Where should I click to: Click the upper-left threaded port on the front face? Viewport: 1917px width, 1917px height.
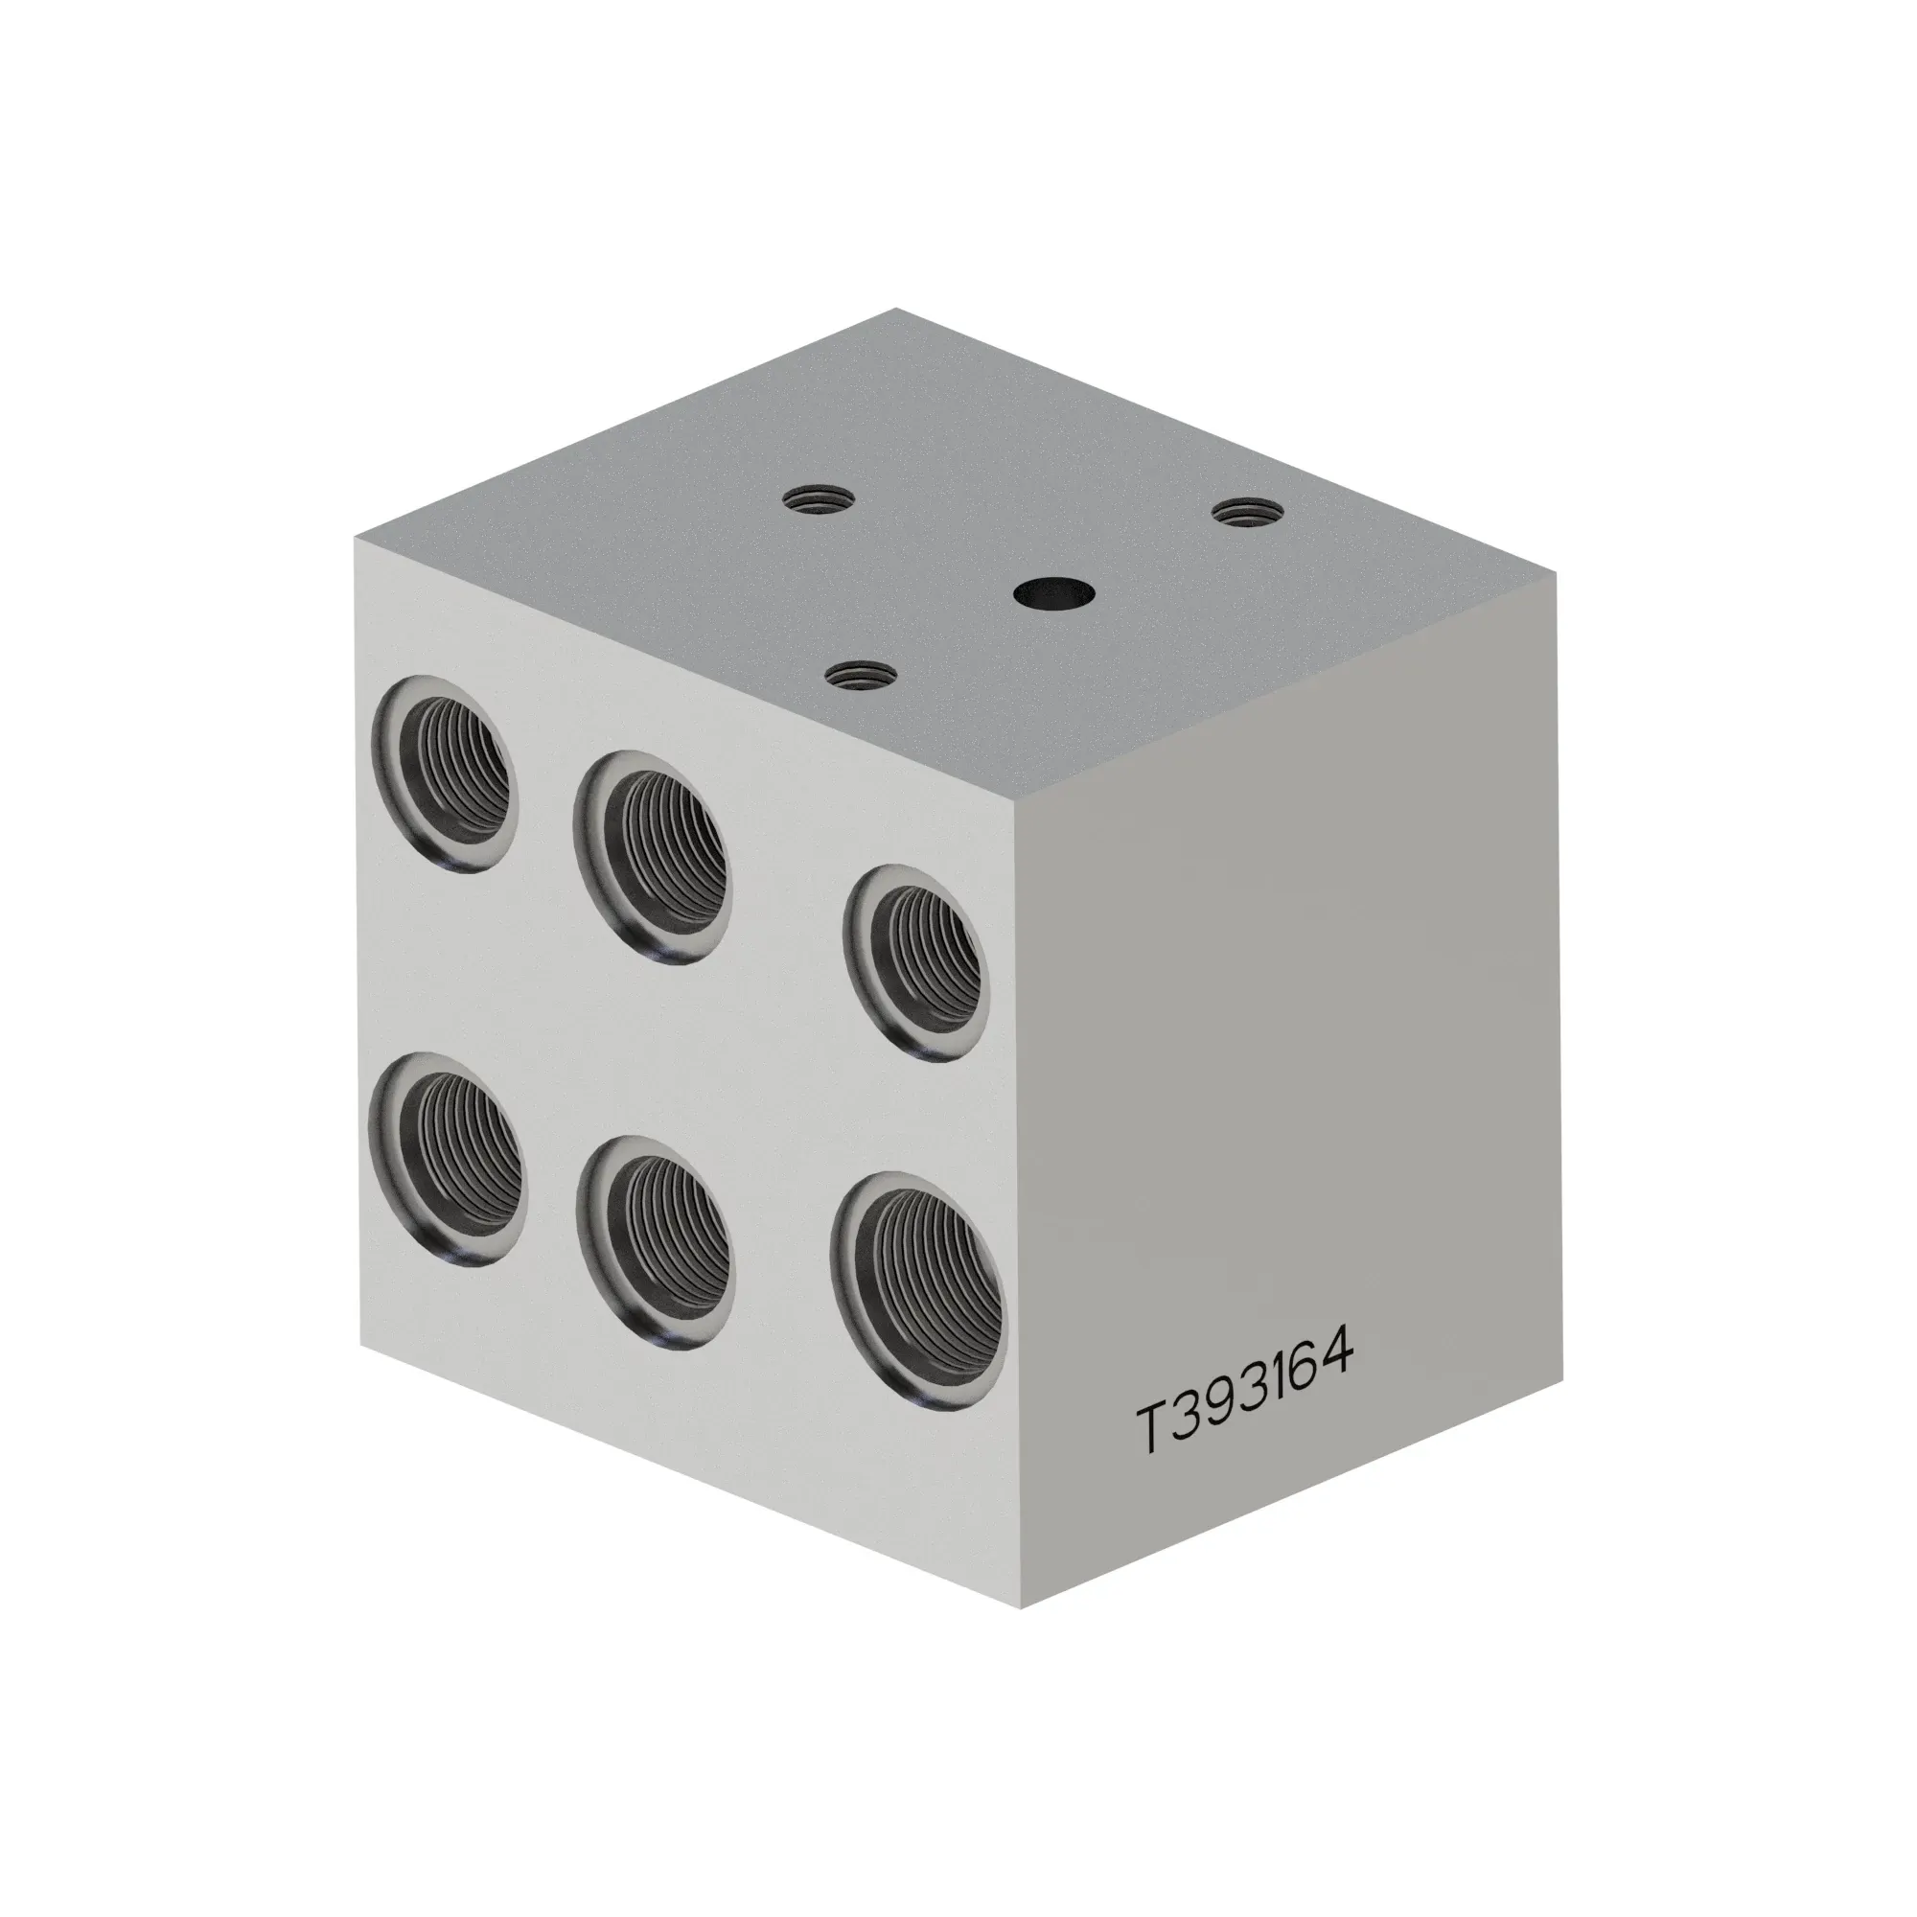pyautogui.click(x=445, y=774)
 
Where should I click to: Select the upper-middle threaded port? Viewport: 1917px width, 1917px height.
pyautogui.click(x=652, y=855)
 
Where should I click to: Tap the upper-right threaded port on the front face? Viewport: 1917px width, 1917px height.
pyautogui.click(x=913, y=962)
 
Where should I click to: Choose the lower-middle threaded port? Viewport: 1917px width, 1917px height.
pyautogui.click(x=656, y=1242)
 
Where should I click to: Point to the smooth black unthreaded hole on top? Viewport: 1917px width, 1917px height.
pyautogui.click(x=1053, y=594)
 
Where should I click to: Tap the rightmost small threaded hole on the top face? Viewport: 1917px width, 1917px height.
pyautogui.click(x=1248, y=512)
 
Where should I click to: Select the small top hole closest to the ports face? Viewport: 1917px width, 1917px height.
pyautogui.click(x=862, y=677)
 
